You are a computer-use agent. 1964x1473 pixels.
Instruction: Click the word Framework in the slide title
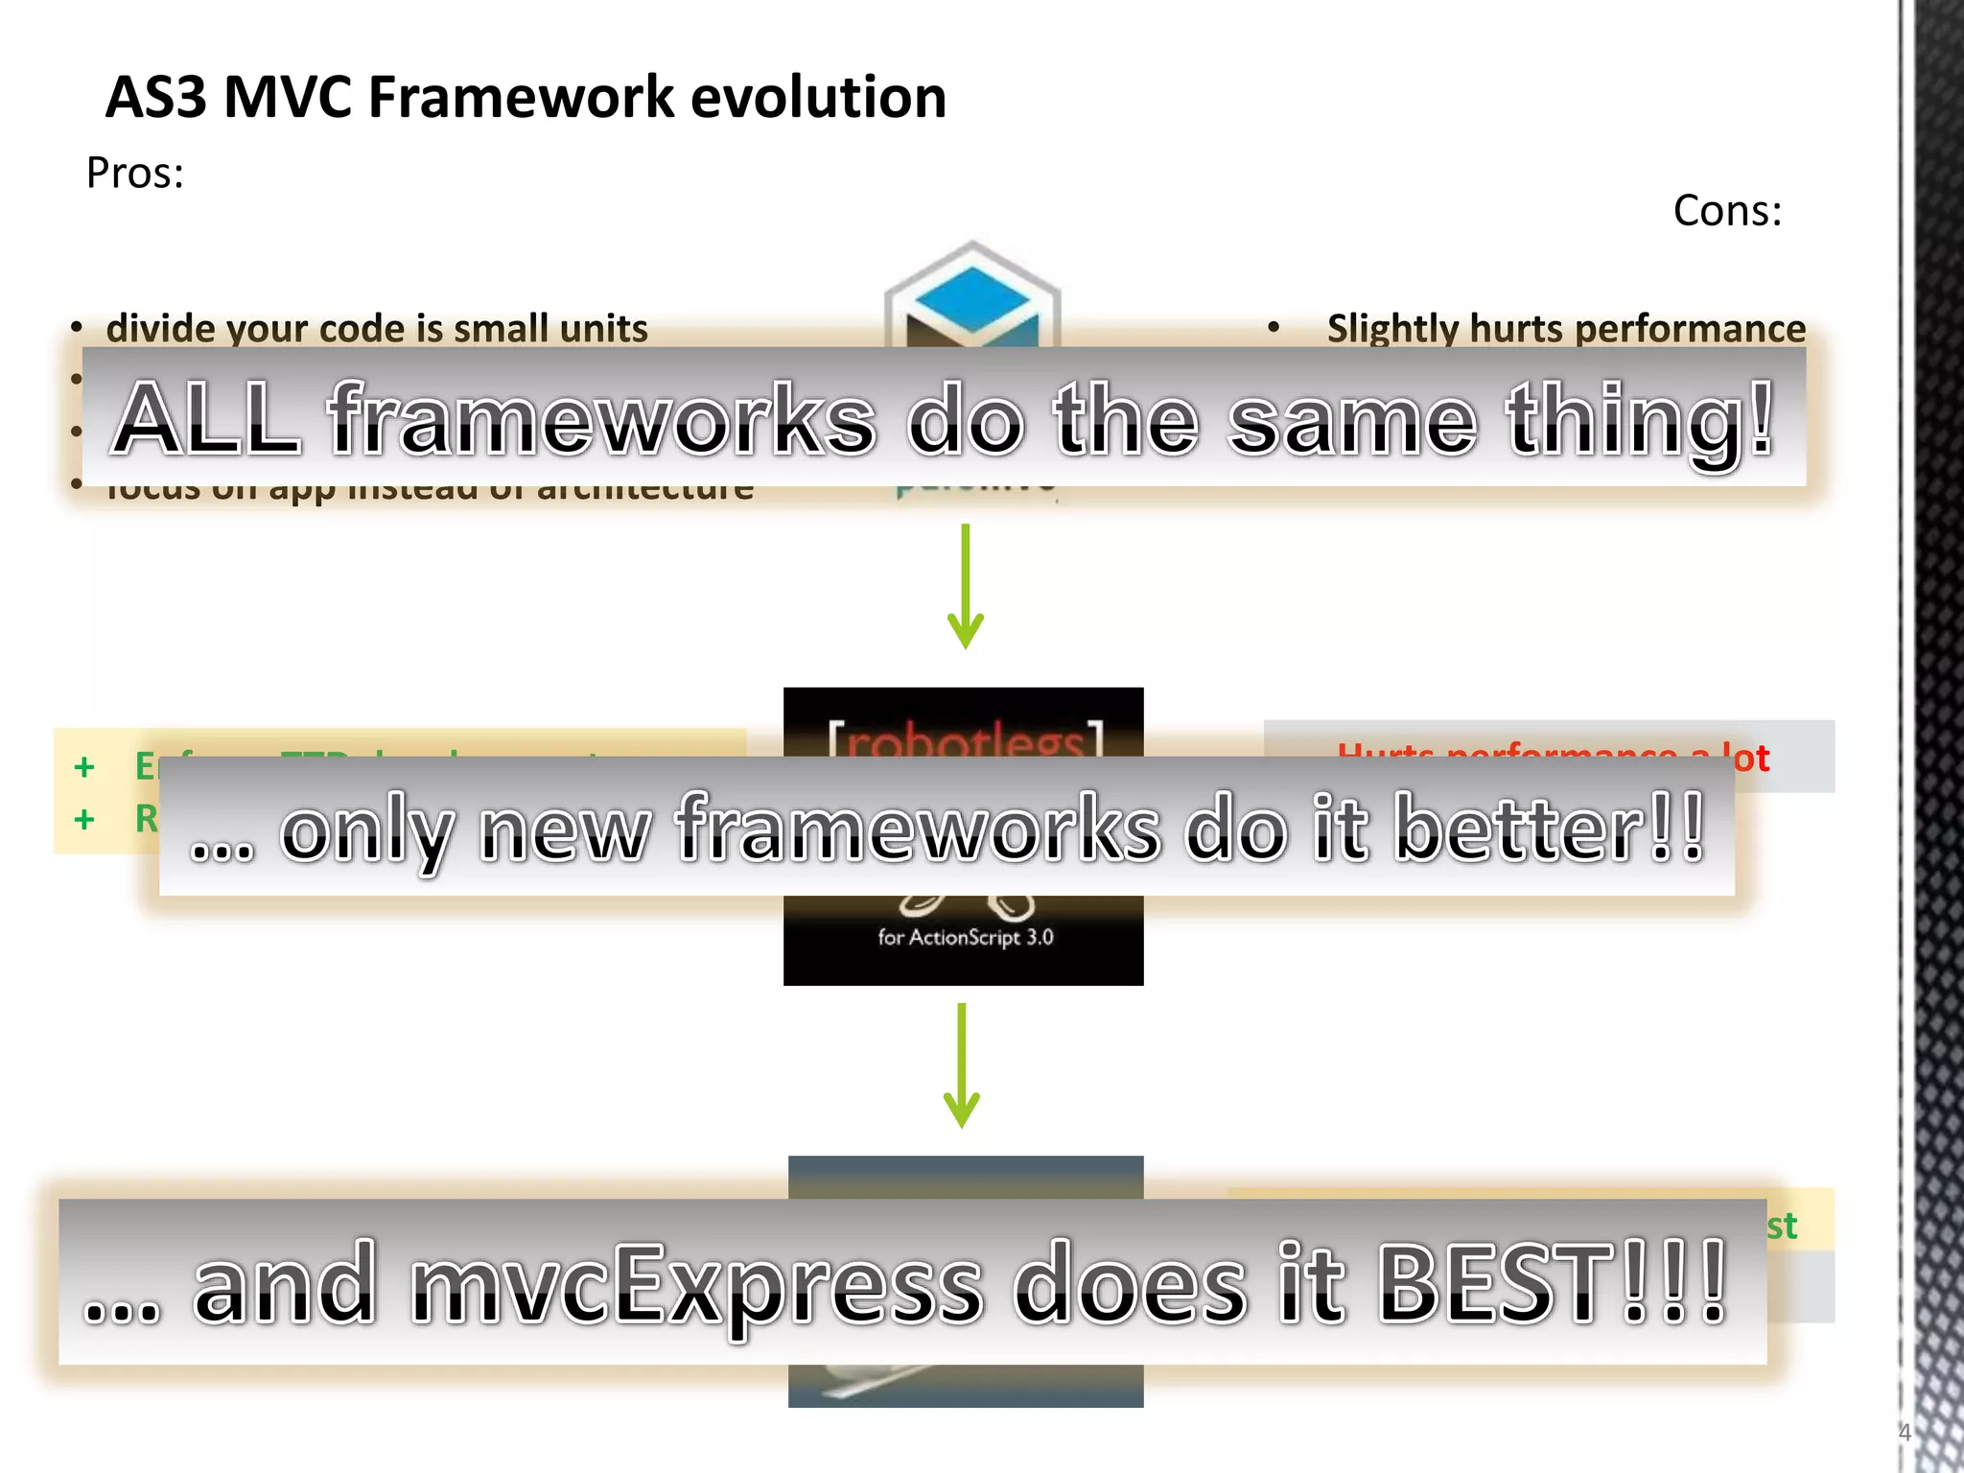coord(522,98)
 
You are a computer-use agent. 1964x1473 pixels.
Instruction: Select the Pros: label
coord(134,174)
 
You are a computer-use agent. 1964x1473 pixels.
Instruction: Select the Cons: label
coord(1727,211)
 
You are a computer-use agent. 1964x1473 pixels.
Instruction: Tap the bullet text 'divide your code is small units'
coord(377,328)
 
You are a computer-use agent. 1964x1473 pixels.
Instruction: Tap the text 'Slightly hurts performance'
coord(1565,328)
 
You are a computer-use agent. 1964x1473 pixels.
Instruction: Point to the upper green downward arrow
coord(965,587)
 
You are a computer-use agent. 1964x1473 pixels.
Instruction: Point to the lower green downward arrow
coord(961,1066)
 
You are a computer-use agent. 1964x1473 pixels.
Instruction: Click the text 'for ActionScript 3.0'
coord(965,937)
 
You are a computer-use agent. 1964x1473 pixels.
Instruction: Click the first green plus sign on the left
coord(84,767)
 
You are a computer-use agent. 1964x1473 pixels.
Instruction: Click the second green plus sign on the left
coord(84,819)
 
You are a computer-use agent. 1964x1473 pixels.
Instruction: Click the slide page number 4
coord(1905,1433)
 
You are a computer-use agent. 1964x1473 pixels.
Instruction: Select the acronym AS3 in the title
coord(155,98)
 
